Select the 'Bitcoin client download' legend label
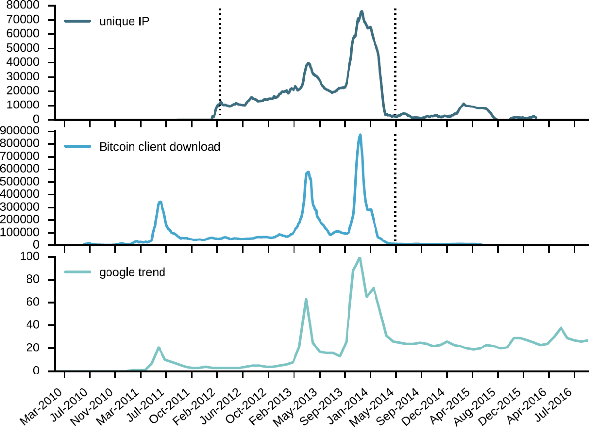[x=160, y=146]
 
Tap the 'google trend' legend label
[x=132, y=272]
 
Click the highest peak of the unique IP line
[x=361, y=11]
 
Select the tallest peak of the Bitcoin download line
[x=360, y=135]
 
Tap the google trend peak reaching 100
[x=359, y=258]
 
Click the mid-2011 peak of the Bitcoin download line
[x=160, y=202]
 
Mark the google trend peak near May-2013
[x=306, y=299]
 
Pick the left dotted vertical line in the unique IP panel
[x=219, y=59]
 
